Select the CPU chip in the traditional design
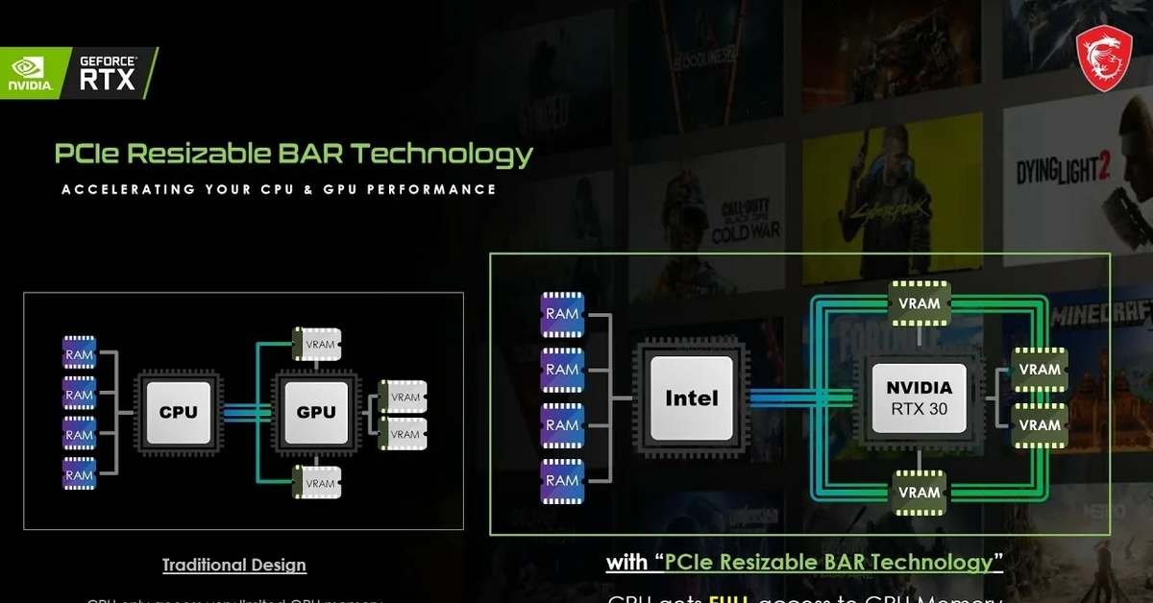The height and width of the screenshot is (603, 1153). click(x=178, y=412)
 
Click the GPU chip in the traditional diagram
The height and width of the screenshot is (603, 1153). click(x=316, y=412)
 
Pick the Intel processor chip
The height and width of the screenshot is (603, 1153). click(x=691, y=398)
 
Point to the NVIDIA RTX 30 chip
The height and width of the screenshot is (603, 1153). click(x=920, y=398)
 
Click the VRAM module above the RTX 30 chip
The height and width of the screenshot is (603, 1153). click(x=920, y=303)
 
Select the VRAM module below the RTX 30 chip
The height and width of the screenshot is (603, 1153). click(x=920, y=493)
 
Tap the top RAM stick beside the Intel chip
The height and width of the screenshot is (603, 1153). click(x=562, y=314)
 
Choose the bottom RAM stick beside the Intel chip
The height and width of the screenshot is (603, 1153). click(x=562, y=480)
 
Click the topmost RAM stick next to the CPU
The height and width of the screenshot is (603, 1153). click(x=80, y=355)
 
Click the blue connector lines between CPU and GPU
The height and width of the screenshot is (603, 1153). click(x=247, y=412)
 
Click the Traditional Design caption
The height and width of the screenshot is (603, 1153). click(x=233, y=565)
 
